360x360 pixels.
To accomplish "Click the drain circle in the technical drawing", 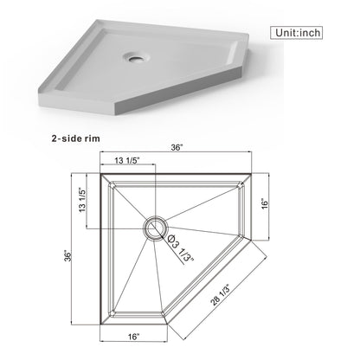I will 153,227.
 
